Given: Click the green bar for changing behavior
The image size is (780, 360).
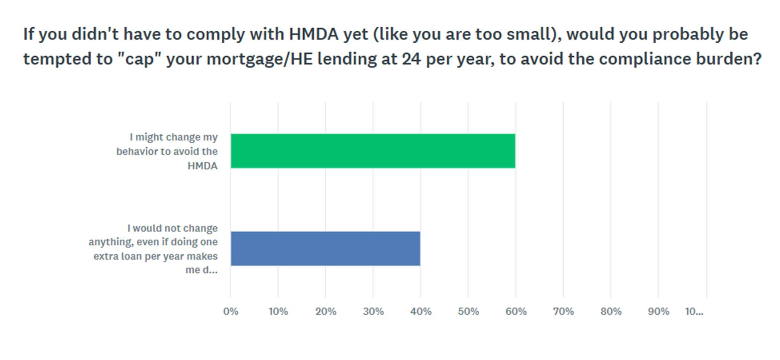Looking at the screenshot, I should point(373,151).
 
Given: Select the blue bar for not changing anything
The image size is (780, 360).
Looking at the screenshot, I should point(325,248).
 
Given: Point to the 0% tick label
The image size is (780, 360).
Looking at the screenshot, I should point(231,312).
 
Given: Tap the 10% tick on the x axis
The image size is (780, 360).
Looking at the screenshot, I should point(278,312).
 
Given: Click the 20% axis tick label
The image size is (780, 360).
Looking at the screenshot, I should point(325,312).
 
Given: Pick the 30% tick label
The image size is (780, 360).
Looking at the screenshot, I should point(373,312).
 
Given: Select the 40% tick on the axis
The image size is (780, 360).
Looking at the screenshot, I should point(421,312).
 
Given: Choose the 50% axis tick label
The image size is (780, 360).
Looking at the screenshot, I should point(468,312).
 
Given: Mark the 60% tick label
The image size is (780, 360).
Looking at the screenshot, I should point(516,312).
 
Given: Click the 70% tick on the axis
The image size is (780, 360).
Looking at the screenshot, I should point(563,312).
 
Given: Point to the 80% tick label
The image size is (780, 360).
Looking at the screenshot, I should point(611,312).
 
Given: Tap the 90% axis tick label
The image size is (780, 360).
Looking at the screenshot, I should point(658,312).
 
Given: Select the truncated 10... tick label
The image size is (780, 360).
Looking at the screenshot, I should point(694,312).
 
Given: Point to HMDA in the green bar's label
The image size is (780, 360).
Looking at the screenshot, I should point(202,166).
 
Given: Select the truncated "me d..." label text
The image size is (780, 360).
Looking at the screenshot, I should point(201,270).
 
